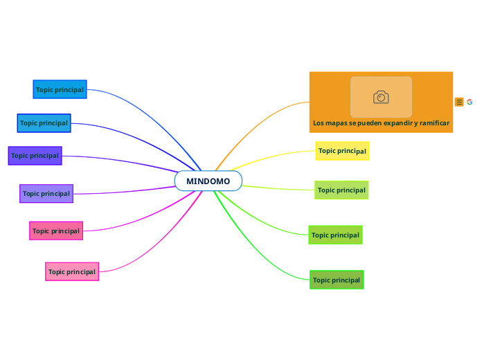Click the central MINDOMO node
[208, 181]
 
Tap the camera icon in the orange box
[381, 97]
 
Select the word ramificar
[433, 123]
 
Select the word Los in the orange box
[319, 123]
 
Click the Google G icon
[470, 102]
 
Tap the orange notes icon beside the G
[459, 102]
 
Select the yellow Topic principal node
[342, 151]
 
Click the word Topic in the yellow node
[327, 151]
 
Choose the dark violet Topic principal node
[35, 156]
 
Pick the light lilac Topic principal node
[46, 194]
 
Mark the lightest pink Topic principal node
[72, 271]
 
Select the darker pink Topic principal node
[56, 231]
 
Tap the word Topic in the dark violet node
[19, 156]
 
